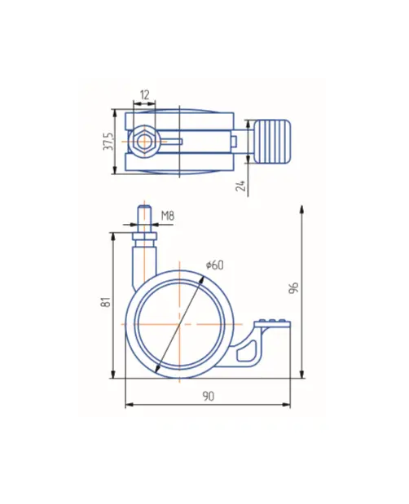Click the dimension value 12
coord(145,94)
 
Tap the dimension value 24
coord(240,186)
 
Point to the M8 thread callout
coord(168,215)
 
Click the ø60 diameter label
coord(215,265)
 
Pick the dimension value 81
coord(106,302)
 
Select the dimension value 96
coord(294,287)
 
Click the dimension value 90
coord(209,397)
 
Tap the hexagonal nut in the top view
coord(144,142)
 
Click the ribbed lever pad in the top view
coord(273,142)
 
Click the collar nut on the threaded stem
coord(145,237)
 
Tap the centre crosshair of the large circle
coord(179,324)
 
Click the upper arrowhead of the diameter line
coord(201,280)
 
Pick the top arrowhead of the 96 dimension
coord(301,209)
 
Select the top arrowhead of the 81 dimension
coord(113,237)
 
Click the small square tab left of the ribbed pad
coord(234,141)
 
